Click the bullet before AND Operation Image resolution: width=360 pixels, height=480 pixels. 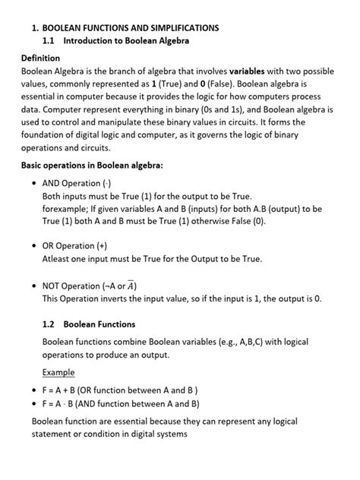(x=34, y=184)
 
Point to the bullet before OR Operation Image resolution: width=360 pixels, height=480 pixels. (x=34, y=246)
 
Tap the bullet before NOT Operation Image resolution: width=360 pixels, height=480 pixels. (x=34, y=286)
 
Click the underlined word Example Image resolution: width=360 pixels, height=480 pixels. (x=58, y=372)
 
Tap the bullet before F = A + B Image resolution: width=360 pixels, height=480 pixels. (x=34, y=390)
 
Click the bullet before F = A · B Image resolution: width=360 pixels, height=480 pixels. (x=34, y=404)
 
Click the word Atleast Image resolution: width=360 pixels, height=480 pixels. (x=58, y=258)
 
